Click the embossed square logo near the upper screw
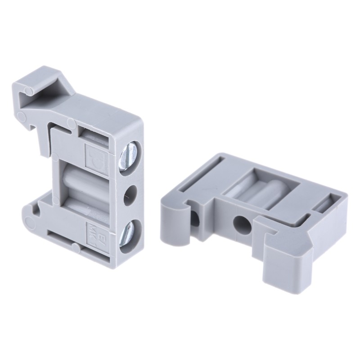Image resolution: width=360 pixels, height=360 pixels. (95, 153)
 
